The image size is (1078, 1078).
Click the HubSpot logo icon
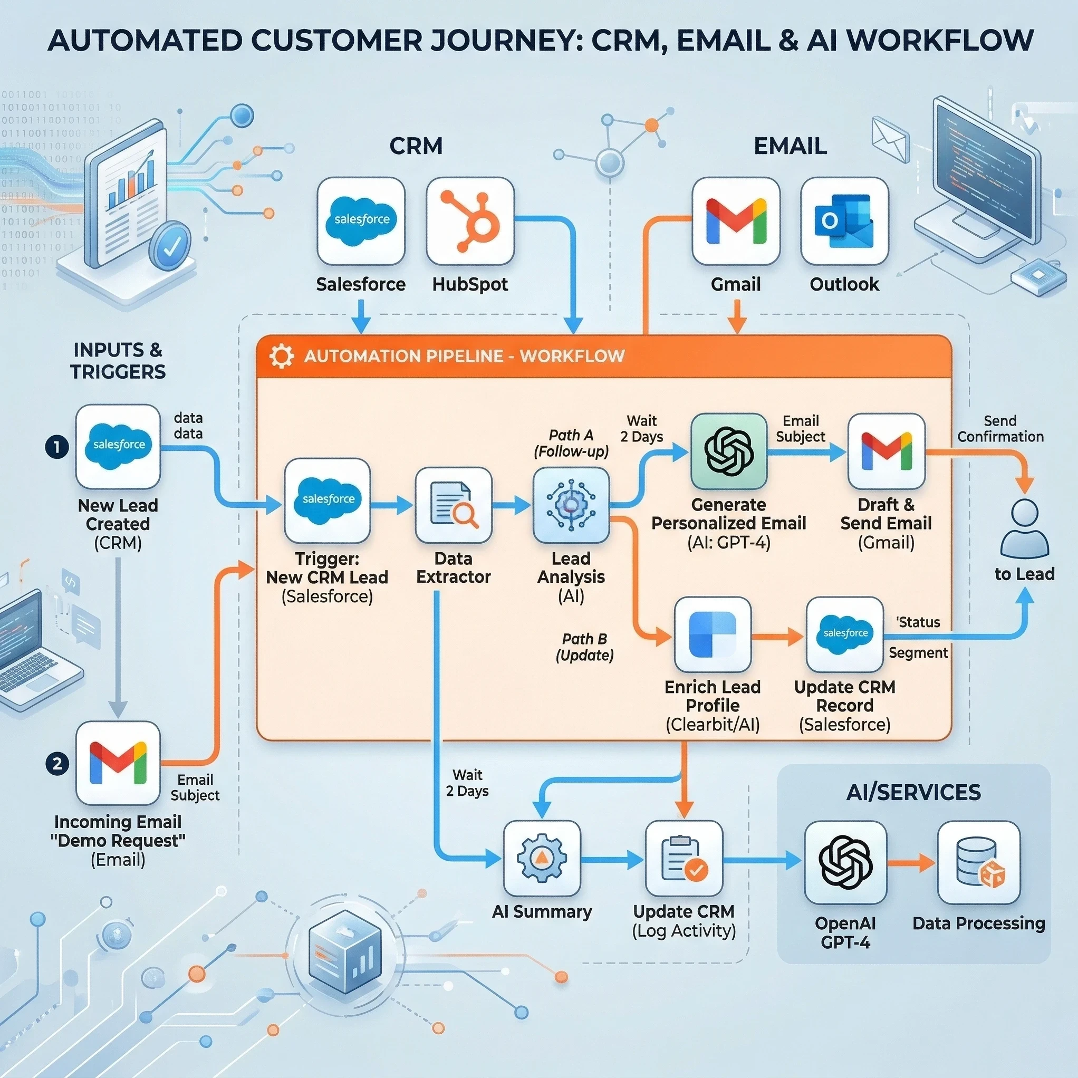pyautogui.click(x=470, y=221)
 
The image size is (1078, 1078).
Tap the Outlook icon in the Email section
pyautogui.click(x=844, y=221)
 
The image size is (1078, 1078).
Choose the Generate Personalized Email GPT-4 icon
pyautogui.click(x=729, y=451)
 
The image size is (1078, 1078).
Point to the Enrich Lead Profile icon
pyautogui.click(x=713, y=634)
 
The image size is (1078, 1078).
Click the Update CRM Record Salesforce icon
pyautogui.click(x=845, y=634)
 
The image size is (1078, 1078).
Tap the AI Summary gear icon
pyautogui.click(x=541, y=858)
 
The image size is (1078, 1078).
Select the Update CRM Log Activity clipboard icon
pyautogui.click(x=684, y=858)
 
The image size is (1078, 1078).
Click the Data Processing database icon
pyautogui.click(x=979, y=862)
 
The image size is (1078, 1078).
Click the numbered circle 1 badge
pyautogui.click(x=57, y=447)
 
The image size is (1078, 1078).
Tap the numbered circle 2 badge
pyautogui.click(x=57, y=763)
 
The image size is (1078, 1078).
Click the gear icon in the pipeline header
pyautogui.click(x=281, y=356)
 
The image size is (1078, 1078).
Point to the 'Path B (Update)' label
pyautogui.click(x=584, y=647)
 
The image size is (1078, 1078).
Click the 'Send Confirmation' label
pyautogui.click(x=1000, y=429)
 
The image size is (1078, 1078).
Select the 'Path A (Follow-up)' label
pyautogui.click(x=571, y=443)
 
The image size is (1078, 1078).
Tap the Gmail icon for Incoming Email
pyautogui.click(x=118, y=762)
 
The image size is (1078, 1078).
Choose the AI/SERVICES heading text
pyautogui.click(x=913, y=792)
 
